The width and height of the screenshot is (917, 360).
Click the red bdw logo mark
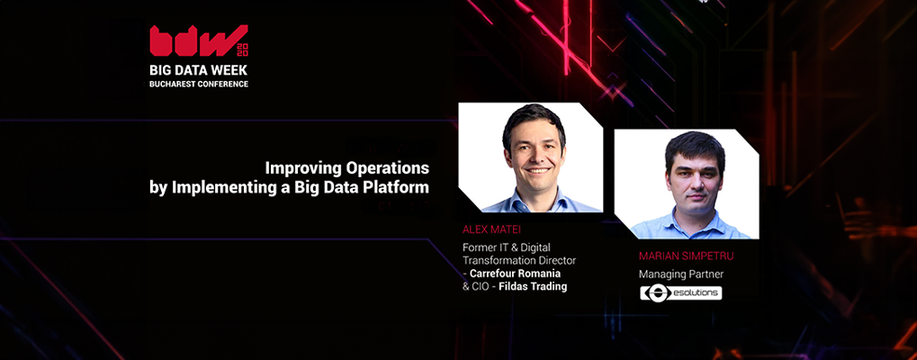tap(193, 40)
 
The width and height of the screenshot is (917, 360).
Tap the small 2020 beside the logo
tap(241, 49)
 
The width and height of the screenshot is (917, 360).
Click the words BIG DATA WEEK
tap(199, 70)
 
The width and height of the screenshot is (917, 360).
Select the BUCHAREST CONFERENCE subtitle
tap(199, 85)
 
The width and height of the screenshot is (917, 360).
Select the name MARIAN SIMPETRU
tap(686, 256)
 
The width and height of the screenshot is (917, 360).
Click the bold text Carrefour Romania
tap(516, 274)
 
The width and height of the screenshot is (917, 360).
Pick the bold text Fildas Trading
tap(533, 286)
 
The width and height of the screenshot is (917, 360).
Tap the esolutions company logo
tap(680, 292)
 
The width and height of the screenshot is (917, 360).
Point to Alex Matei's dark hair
tap(534, 118)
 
